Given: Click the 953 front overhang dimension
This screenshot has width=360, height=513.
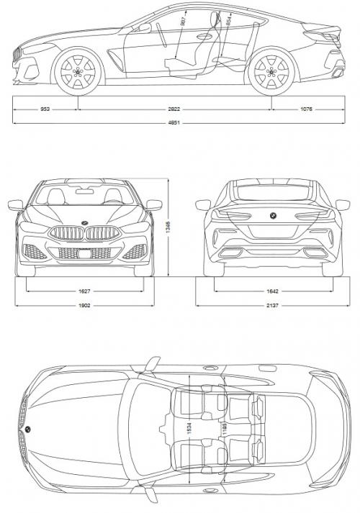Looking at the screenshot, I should [45, 110].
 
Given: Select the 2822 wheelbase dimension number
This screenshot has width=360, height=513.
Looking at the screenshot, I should [175, 110].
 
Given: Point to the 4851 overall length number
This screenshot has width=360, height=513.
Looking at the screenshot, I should [175, 123].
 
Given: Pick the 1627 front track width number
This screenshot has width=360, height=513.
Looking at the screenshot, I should [84, 291].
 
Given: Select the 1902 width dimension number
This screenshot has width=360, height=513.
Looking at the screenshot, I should [84, 305].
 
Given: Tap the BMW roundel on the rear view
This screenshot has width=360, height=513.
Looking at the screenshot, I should [273, 217].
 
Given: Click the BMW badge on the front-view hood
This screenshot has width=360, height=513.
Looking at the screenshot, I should [84, 221].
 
